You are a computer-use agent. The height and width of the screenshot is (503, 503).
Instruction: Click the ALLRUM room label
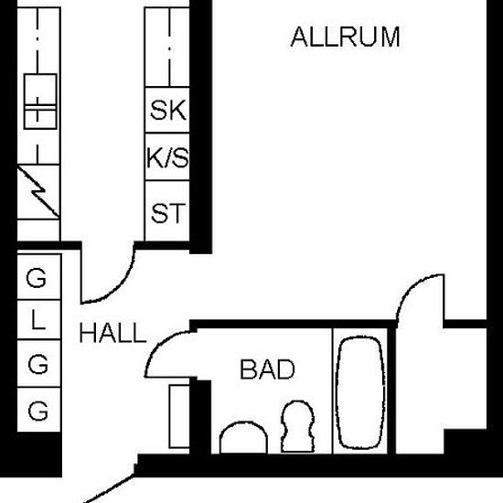[345, 37]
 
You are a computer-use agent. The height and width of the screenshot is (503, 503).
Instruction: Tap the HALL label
[112, 333]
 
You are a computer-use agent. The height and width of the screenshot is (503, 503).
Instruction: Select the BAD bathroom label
[267, 369]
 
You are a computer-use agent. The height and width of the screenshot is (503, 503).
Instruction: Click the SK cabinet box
[167, 110]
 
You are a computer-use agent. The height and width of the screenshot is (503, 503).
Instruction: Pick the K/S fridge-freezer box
[167, 157]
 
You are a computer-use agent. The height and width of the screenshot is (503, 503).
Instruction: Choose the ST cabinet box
[167, 210]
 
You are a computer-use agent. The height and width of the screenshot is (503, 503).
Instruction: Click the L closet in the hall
[38, 319]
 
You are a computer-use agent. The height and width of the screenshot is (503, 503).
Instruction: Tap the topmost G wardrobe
[38, 277]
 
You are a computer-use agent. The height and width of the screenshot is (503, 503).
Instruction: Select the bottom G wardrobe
[38, 410]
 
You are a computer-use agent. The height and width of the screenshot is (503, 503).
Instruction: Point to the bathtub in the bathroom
[360, 392]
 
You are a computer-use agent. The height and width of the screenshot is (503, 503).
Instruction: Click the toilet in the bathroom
[298, 427]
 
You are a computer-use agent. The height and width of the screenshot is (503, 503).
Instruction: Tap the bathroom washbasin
[244, 437]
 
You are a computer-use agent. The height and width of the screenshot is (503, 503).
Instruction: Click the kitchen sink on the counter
[40, 102]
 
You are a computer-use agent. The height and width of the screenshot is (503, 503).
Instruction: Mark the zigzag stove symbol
[38, 192]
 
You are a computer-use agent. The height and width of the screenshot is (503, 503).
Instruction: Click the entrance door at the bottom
[109, 490]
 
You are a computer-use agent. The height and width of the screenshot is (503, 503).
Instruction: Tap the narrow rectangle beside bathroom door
[179, 416]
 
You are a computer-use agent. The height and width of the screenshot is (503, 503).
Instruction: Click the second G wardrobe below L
[38, 363]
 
